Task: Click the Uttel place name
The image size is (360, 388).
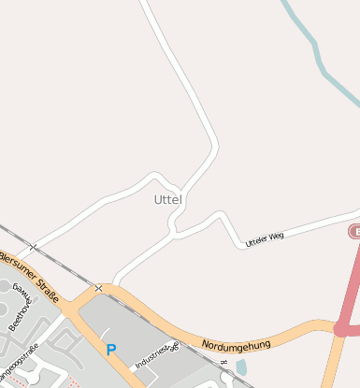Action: (168, 200)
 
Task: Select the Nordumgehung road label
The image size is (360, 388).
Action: (236, 344)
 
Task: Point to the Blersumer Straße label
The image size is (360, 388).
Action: (28, 274)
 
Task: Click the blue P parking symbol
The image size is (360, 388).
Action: (111, 351)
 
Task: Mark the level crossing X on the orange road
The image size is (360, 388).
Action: (98, 289)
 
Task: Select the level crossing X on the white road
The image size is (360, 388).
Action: (33, 247)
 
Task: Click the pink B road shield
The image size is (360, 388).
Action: (355, 230)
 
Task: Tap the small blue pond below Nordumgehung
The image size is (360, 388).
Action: (241, 367)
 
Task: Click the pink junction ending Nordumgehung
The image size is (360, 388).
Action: (342, 328)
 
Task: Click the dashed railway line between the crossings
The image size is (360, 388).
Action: (65, 267)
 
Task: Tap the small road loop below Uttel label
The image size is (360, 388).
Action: (175, 223)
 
